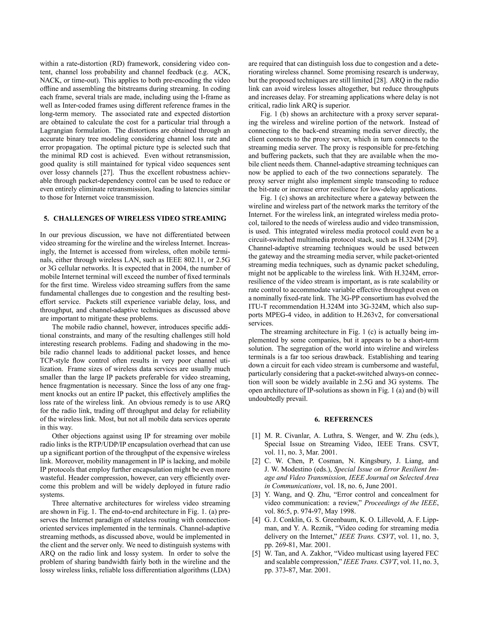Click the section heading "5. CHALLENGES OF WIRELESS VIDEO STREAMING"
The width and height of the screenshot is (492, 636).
(135, 218)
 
